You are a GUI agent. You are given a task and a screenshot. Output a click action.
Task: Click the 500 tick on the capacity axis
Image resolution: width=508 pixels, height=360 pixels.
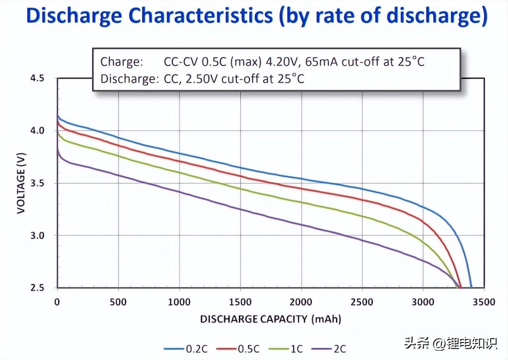coord(118,302)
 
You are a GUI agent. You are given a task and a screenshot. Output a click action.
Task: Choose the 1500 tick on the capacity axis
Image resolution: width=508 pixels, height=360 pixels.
coord(240,302)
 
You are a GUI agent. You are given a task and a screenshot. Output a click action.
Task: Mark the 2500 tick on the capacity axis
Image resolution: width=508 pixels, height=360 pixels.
coord(362,302)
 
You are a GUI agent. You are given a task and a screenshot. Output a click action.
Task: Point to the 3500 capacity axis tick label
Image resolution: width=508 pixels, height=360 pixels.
coord(484,302)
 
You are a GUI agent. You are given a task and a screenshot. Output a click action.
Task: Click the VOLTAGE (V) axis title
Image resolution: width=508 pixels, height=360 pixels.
coord(22,183)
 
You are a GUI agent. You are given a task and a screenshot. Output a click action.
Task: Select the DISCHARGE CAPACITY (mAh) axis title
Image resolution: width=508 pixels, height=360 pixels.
coord(270,319)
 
